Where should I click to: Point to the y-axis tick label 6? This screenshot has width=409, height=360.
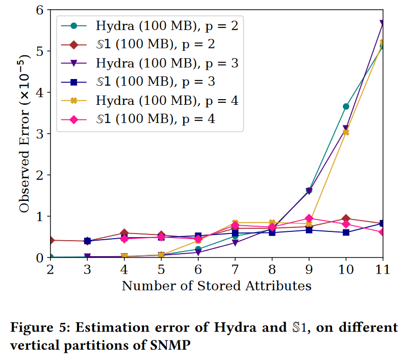pyautogui.click(x=39, y=10)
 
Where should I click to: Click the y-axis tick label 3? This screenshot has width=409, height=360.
pyautogui.click(x=39, y=133)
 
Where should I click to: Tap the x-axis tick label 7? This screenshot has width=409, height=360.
pyautogui.click(x=235, y=270)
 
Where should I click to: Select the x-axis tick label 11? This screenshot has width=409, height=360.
pyautogui.click(x=383, y=270)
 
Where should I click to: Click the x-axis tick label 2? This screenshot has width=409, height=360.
pyautogui.click(x=50, y=270)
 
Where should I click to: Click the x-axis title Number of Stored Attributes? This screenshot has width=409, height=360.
pyautogui.click(x=216, y=285)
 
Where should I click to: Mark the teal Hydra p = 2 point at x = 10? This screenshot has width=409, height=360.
pyautogui.click(x=346, y=106)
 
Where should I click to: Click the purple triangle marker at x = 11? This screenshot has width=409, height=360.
pyautogui.click(x=383, y=24)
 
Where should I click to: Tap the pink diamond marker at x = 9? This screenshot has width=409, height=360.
pyautogui.click(x=309, y=218)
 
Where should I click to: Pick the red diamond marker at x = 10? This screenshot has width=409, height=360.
pyautogui.click(x=346, y=218)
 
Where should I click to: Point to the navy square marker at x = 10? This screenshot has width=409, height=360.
pyautogui.click(x=346, y=232)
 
